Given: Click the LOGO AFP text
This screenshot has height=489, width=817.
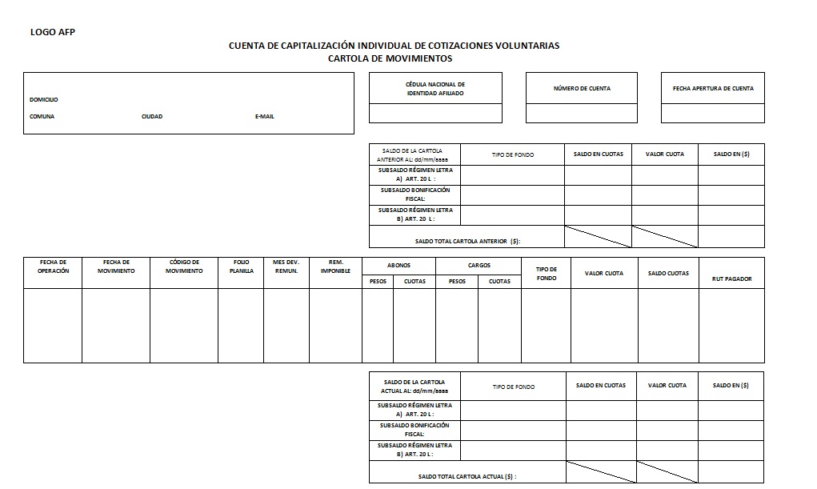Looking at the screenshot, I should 52,32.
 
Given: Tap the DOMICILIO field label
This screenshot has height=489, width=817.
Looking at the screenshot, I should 43,100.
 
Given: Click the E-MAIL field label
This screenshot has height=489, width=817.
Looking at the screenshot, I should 264,117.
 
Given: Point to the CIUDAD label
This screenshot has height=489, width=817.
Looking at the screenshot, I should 152,117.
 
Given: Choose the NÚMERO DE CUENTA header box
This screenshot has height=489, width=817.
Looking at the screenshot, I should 582,88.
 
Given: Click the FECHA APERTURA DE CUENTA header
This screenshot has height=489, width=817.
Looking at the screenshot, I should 712,88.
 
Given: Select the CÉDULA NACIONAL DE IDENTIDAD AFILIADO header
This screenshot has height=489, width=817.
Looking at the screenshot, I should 435,89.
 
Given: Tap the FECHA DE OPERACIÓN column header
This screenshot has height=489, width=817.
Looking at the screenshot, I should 53,267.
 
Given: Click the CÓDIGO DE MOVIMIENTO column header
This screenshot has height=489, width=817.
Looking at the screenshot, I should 184,267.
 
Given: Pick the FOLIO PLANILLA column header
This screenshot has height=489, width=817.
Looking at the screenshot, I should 241,267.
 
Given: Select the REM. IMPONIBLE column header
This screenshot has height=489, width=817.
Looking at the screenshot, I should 335,267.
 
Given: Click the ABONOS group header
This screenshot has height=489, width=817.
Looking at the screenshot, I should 398,265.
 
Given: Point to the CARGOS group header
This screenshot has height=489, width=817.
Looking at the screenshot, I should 479,265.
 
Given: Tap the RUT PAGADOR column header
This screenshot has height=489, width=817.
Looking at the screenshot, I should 731,279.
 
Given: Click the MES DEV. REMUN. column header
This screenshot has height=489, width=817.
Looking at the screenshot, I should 286,267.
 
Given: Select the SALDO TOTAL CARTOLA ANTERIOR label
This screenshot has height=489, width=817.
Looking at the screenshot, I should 467,241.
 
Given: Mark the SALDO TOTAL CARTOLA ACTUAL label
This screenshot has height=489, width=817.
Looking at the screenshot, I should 467,476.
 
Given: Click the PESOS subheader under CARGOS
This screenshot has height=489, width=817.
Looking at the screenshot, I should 457,282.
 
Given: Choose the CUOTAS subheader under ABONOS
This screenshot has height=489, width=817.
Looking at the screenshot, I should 415,282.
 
